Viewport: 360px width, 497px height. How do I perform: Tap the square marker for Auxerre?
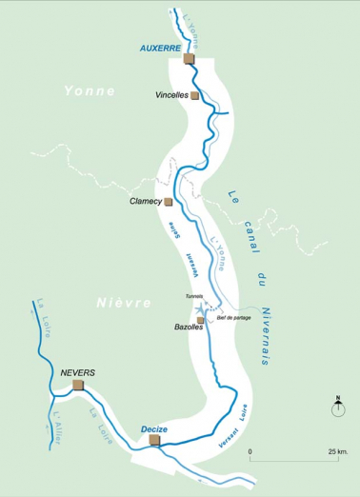(188, 58)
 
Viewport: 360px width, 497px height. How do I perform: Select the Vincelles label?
(170, 96)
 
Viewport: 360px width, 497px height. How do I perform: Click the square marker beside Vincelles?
(195, 95)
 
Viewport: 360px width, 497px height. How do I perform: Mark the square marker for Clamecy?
(169, 202)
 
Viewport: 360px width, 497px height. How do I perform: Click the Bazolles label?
(190, 327)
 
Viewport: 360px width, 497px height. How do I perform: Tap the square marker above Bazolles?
(200, 319)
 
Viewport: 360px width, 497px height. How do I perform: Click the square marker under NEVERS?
(77, 385)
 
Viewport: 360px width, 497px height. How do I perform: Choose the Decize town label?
(153, 429)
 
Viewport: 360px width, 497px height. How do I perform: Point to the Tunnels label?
(195, 296)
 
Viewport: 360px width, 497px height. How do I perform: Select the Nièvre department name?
(124, 302)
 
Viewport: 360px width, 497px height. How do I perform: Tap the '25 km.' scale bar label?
(336, 450)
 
